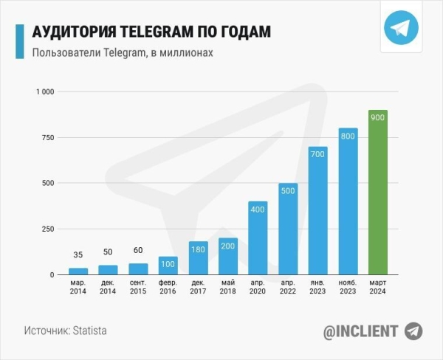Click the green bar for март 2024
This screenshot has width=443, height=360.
click(377, 193)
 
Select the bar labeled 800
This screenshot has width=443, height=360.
click(348, 202)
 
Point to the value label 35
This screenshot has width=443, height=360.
click(78, 255)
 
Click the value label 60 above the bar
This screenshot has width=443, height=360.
click(138, 250)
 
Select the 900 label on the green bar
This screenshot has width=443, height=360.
click(377, 120)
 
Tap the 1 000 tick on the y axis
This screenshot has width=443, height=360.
click(45, 91)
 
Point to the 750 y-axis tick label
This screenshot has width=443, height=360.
click(49, 137)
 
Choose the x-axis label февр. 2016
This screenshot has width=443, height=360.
click(168, 287)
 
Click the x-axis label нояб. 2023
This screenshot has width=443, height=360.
click(348, 287)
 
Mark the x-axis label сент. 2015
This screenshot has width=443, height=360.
click(138, 287)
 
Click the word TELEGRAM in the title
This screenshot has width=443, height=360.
click(158, 32)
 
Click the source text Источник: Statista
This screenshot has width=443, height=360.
click(65, 330)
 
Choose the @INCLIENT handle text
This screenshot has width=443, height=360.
click(360, 331)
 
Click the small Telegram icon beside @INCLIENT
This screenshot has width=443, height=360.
click(413, 330)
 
